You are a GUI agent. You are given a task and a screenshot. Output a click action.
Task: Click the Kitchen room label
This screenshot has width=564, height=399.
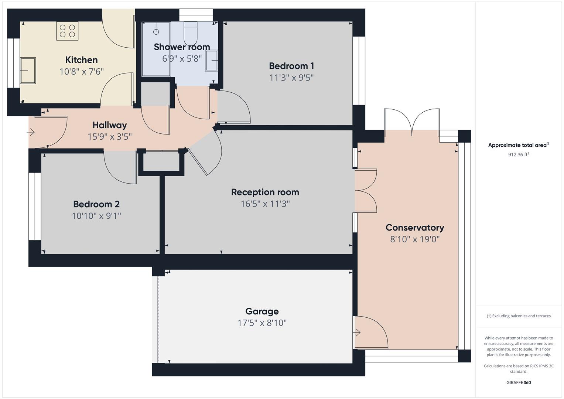coord(81,60)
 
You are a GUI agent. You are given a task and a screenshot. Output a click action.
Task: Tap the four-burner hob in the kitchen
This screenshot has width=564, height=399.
coord(67,31)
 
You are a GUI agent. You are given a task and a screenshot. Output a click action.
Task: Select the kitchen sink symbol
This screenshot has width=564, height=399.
coord(28,70)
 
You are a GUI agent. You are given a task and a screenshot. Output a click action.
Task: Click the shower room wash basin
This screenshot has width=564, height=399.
coord(212,60)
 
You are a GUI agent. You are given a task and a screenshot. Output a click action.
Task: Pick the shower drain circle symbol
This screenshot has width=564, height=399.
coord(156,32)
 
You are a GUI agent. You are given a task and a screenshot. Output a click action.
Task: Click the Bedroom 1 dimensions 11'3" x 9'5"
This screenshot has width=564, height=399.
coord(291,78)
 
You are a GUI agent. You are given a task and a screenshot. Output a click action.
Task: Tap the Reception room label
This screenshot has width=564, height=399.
coord(265,192)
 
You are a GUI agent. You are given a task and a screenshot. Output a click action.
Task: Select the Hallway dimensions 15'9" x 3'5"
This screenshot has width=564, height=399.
coord(109,137)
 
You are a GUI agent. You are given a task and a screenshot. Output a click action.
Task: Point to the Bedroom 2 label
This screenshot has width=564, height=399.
coord(96,204)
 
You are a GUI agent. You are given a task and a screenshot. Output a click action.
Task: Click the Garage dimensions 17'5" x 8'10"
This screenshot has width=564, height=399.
coord(262,323)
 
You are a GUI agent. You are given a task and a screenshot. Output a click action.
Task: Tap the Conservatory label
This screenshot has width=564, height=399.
coord(414,228)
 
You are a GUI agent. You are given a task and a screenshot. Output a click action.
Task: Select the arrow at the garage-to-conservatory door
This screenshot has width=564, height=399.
coord(357,333)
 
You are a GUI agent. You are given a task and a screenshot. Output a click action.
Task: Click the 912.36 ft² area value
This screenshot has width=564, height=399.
coord(519,155)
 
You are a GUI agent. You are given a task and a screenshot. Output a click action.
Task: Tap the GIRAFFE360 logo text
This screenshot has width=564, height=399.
coord(519,382)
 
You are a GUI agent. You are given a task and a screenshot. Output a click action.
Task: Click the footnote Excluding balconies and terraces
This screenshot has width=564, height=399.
coord(519,316)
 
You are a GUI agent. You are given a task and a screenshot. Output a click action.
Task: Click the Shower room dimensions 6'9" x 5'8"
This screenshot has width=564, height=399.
coord(182,58)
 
